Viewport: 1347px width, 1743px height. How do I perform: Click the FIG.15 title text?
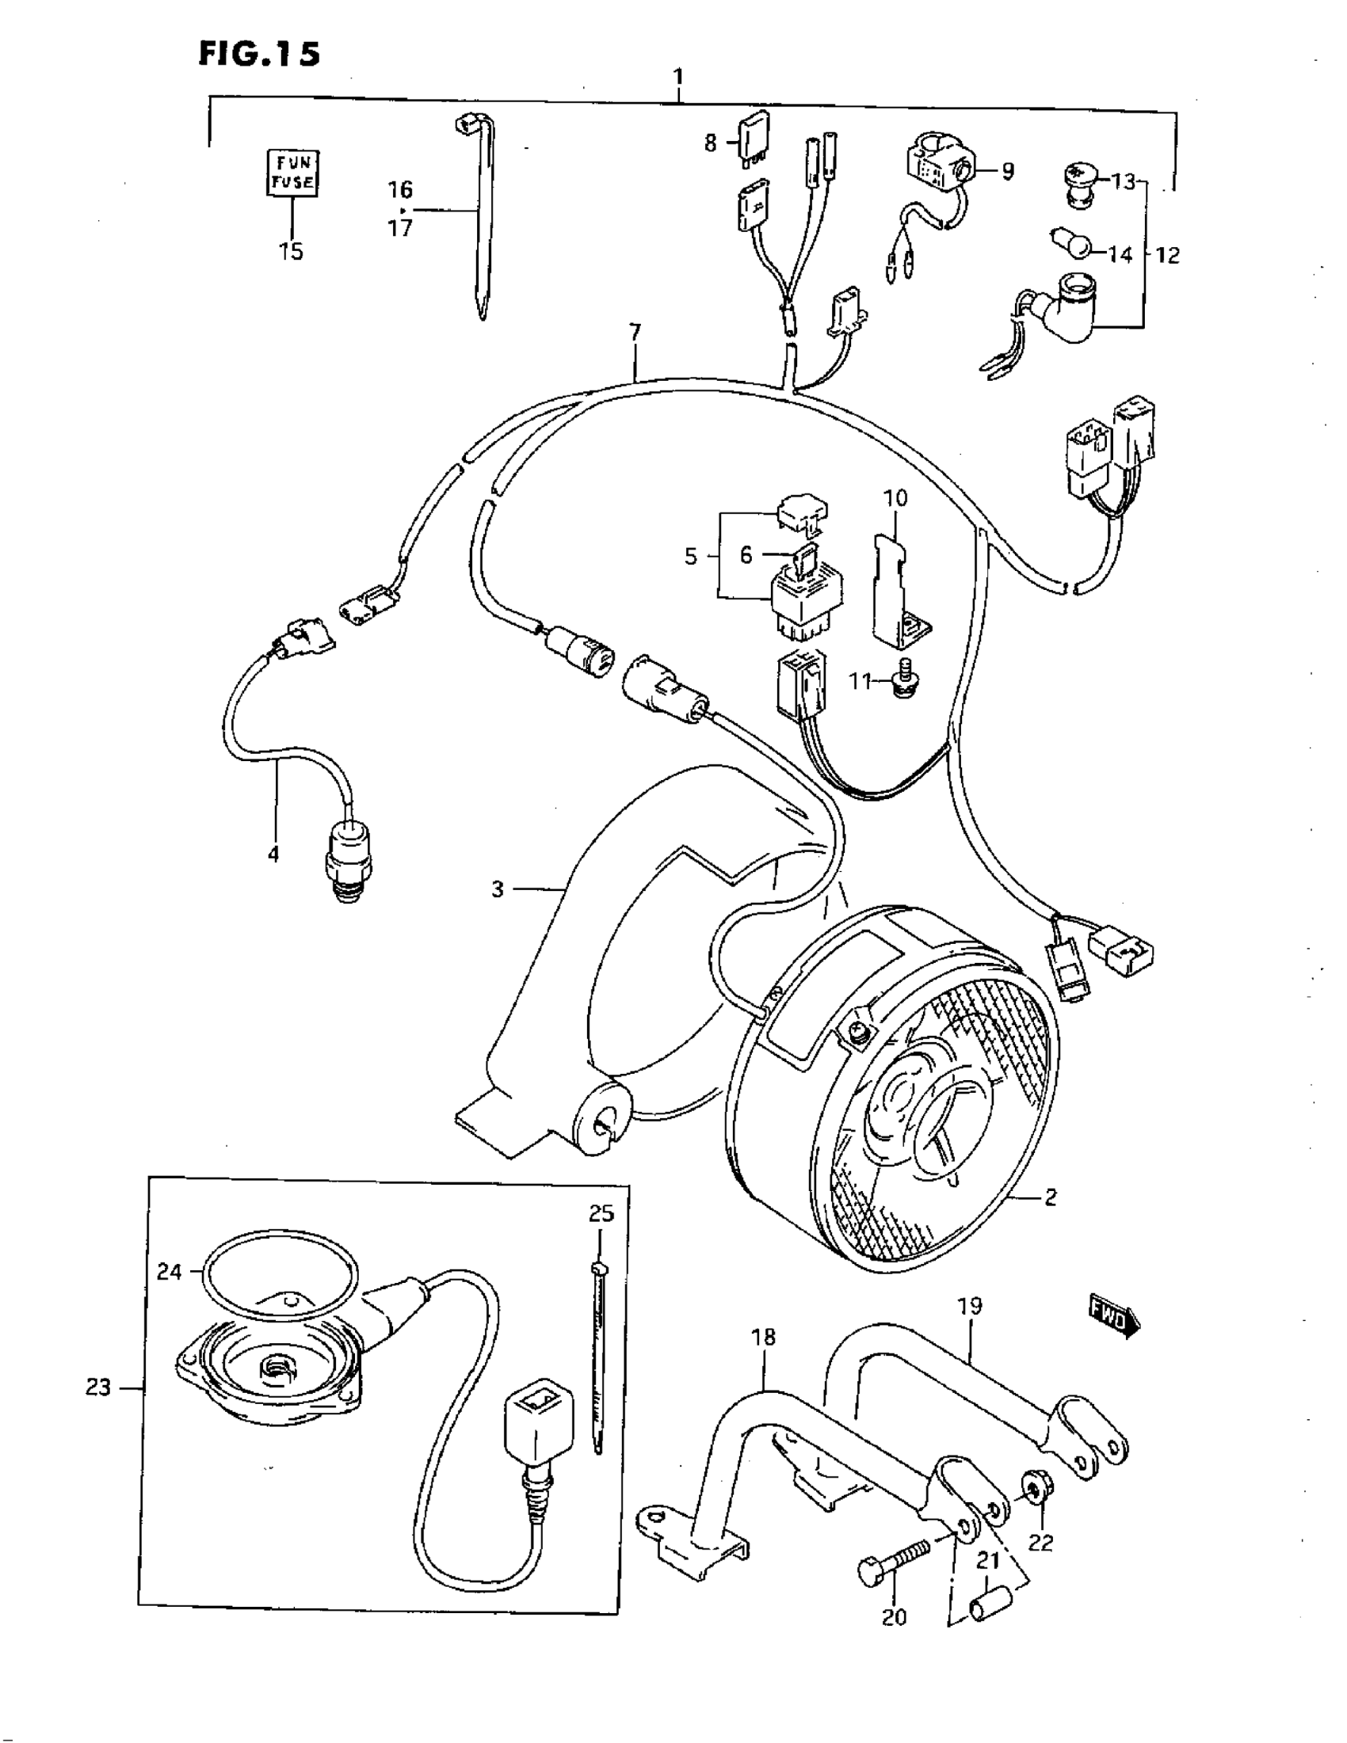[x=260, y=54]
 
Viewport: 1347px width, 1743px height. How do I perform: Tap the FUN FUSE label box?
[x=292, y=173]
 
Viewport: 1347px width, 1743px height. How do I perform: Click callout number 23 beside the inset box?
[x=98, y=1388]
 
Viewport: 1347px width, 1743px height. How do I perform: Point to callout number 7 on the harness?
[x=635, y=332]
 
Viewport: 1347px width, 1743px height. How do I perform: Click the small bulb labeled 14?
[x=1070, y=242]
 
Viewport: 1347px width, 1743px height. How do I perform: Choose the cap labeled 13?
[x=1079, y=184]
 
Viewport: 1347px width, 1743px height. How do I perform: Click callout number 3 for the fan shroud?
[x=498, y=889]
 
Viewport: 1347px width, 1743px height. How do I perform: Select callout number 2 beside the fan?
[x=1050, y=1219]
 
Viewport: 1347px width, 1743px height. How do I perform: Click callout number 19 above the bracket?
[x=969, y=1307]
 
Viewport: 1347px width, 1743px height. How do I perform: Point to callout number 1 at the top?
[x=678, y=78]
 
